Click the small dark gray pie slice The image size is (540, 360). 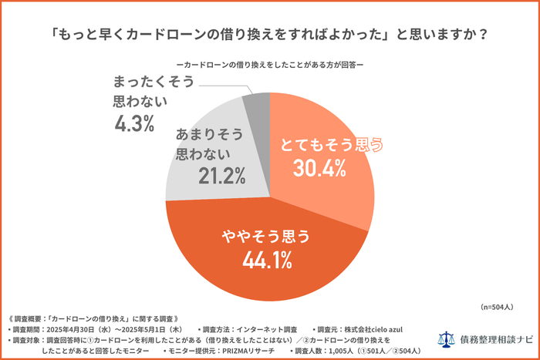pos(256,103)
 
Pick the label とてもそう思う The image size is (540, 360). pos(320,144)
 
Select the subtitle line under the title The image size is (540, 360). pos(269,64)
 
